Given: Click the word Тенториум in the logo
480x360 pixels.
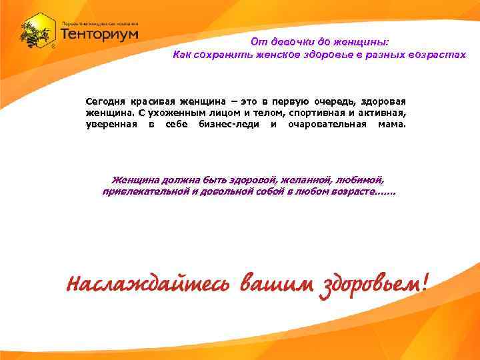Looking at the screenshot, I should click(99, 33).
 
